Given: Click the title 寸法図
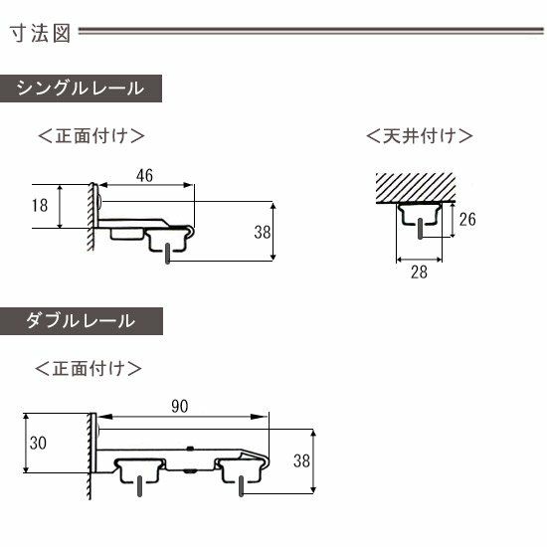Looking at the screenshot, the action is (x=40, y=33).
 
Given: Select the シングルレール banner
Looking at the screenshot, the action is (x=81, y=89).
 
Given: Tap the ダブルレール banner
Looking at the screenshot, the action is (x=82, y=321).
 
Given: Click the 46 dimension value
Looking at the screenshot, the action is (x=144, y=175).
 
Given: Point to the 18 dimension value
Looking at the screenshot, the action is (x=40, y=206).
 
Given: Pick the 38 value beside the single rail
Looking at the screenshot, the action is (x=263, y=233).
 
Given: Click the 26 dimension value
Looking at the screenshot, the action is (x=467, y=220).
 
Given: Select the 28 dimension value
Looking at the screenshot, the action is (x=419, y=273).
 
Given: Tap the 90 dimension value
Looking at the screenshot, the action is (x=180, y=407).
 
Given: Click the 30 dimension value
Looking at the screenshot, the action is (x=38, y=443).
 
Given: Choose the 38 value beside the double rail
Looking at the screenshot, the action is (x=301, y=460).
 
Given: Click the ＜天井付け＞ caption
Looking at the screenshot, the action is (x=420, y=135).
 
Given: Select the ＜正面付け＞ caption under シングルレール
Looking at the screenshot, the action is (x=91, y=135).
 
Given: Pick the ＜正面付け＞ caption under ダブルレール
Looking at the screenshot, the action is (x=89, y=368).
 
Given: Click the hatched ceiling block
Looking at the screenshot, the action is (x=416, y=187).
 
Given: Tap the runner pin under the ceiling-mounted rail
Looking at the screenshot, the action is (x=420, y=229).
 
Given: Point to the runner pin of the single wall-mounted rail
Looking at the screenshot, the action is (x=168, y=254).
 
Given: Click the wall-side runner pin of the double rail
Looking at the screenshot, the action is (x=139, y=486).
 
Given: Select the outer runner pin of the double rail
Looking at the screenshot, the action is (x=241, y=486).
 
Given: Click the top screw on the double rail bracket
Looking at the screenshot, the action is (x=190, y=449).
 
